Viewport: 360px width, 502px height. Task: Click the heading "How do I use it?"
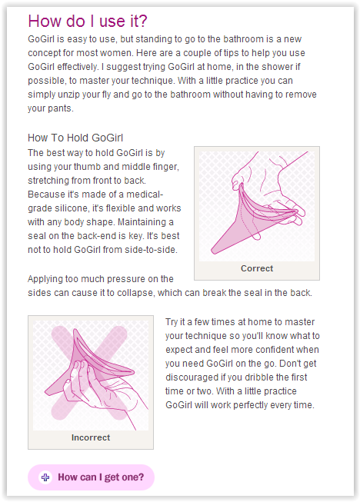(x=88, y=21)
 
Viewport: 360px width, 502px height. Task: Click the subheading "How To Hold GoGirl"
(x=75, y=138)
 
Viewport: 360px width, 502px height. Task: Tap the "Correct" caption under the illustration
(x=257, y=268)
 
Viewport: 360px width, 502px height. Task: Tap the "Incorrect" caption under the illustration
(x=91, y=437)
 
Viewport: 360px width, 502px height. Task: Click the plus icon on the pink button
(x=45, y=477)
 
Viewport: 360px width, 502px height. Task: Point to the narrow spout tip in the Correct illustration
(x=214, y=251)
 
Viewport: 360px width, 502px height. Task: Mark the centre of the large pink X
(x=89, y=372)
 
